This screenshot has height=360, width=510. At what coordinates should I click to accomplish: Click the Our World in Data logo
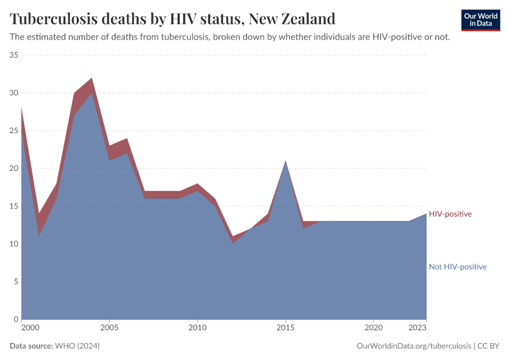tap(481, 20)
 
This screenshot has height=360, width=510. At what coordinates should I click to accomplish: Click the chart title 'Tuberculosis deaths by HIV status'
tap(172, 17)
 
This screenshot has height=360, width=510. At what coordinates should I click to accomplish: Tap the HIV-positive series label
tap(450, 214)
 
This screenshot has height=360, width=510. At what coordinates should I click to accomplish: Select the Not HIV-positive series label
tap(457, 267)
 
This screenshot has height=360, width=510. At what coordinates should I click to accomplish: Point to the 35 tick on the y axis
tap(14, 55)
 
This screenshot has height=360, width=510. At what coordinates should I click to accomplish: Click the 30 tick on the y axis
tap(14, 93)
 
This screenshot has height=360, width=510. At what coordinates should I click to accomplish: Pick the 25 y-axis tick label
tap(14, 131)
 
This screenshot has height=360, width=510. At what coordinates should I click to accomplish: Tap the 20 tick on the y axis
tap(14, 169)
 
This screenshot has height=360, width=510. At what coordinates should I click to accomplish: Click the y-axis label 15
tap(14, 206)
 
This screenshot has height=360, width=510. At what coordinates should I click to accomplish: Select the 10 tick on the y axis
tap(14, 244)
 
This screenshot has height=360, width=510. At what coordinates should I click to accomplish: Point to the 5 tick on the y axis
tap(16, 281)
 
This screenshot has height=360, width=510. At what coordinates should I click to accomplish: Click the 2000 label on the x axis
tap(30, 328)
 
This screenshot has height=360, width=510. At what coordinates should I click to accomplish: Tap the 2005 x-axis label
tap(109, 328)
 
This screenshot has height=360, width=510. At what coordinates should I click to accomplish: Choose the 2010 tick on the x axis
tap(197, 328)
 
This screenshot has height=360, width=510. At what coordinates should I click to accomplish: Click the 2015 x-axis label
tap(286, 328)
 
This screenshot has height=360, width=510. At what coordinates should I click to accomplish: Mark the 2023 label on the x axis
tap(418, 328)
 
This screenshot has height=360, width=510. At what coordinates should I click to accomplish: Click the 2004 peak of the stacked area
tap(92, 79)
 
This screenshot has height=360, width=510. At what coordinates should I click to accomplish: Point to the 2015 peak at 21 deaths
tap(286, 161)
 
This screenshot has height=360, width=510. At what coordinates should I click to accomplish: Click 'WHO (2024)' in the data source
tap(77, 346)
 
